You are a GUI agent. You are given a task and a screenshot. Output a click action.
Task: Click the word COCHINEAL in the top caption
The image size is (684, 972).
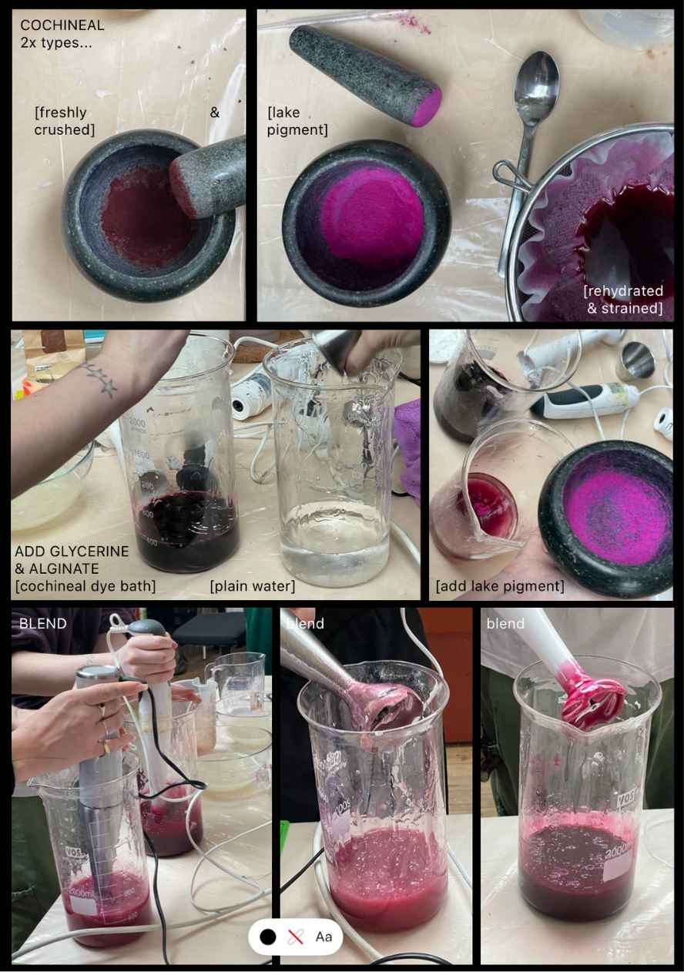(62, 25)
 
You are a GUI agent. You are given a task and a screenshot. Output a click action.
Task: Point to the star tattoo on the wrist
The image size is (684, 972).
(100, 379)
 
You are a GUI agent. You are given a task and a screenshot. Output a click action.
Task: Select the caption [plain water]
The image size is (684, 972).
(252, 586)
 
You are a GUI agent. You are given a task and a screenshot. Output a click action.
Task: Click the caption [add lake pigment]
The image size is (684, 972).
(500, 586)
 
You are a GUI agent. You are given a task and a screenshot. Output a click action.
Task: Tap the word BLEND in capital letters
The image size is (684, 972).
(42, 623)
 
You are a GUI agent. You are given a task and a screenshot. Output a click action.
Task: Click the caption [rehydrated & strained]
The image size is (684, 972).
(624, 300)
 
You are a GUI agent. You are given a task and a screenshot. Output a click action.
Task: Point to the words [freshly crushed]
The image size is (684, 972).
(64, 121)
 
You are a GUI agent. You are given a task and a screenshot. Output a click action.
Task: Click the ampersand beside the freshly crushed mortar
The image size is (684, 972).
(215, 112)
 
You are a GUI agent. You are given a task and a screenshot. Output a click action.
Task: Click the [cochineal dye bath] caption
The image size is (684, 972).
(85, 586)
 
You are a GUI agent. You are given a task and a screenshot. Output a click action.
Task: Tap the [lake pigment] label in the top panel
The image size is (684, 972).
(297, 121)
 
